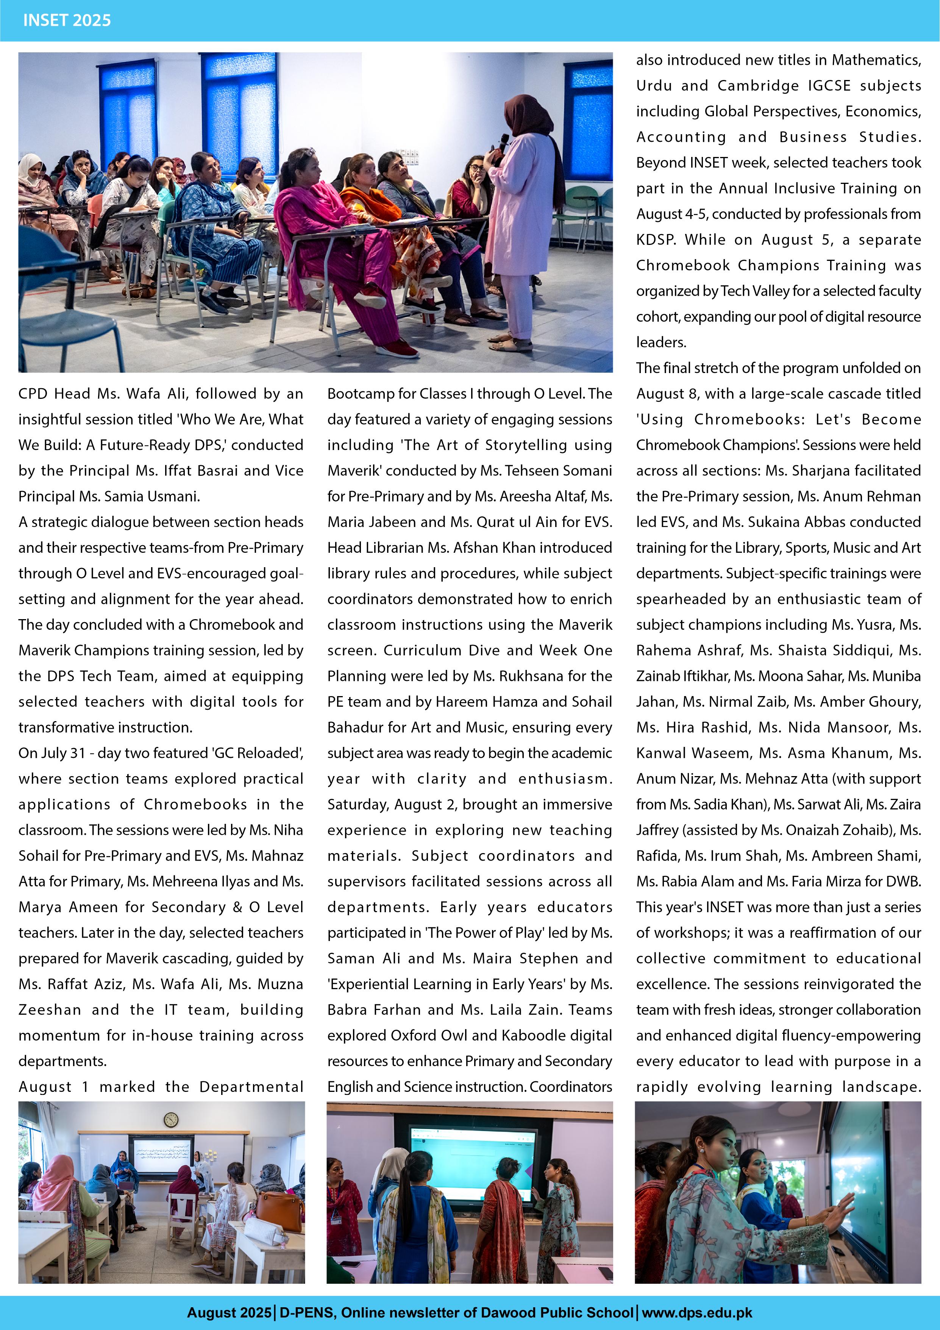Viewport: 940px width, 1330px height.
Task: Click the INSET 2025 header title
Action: pyautogui.click(x=67, y=20)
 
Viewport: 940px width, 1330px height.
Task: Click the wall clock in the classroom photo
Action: pyautogui.click(x=171, y=1120)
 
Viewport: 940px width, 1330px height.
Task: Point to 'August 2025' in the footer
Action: pyautogui.click(x=229, y=1312)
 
